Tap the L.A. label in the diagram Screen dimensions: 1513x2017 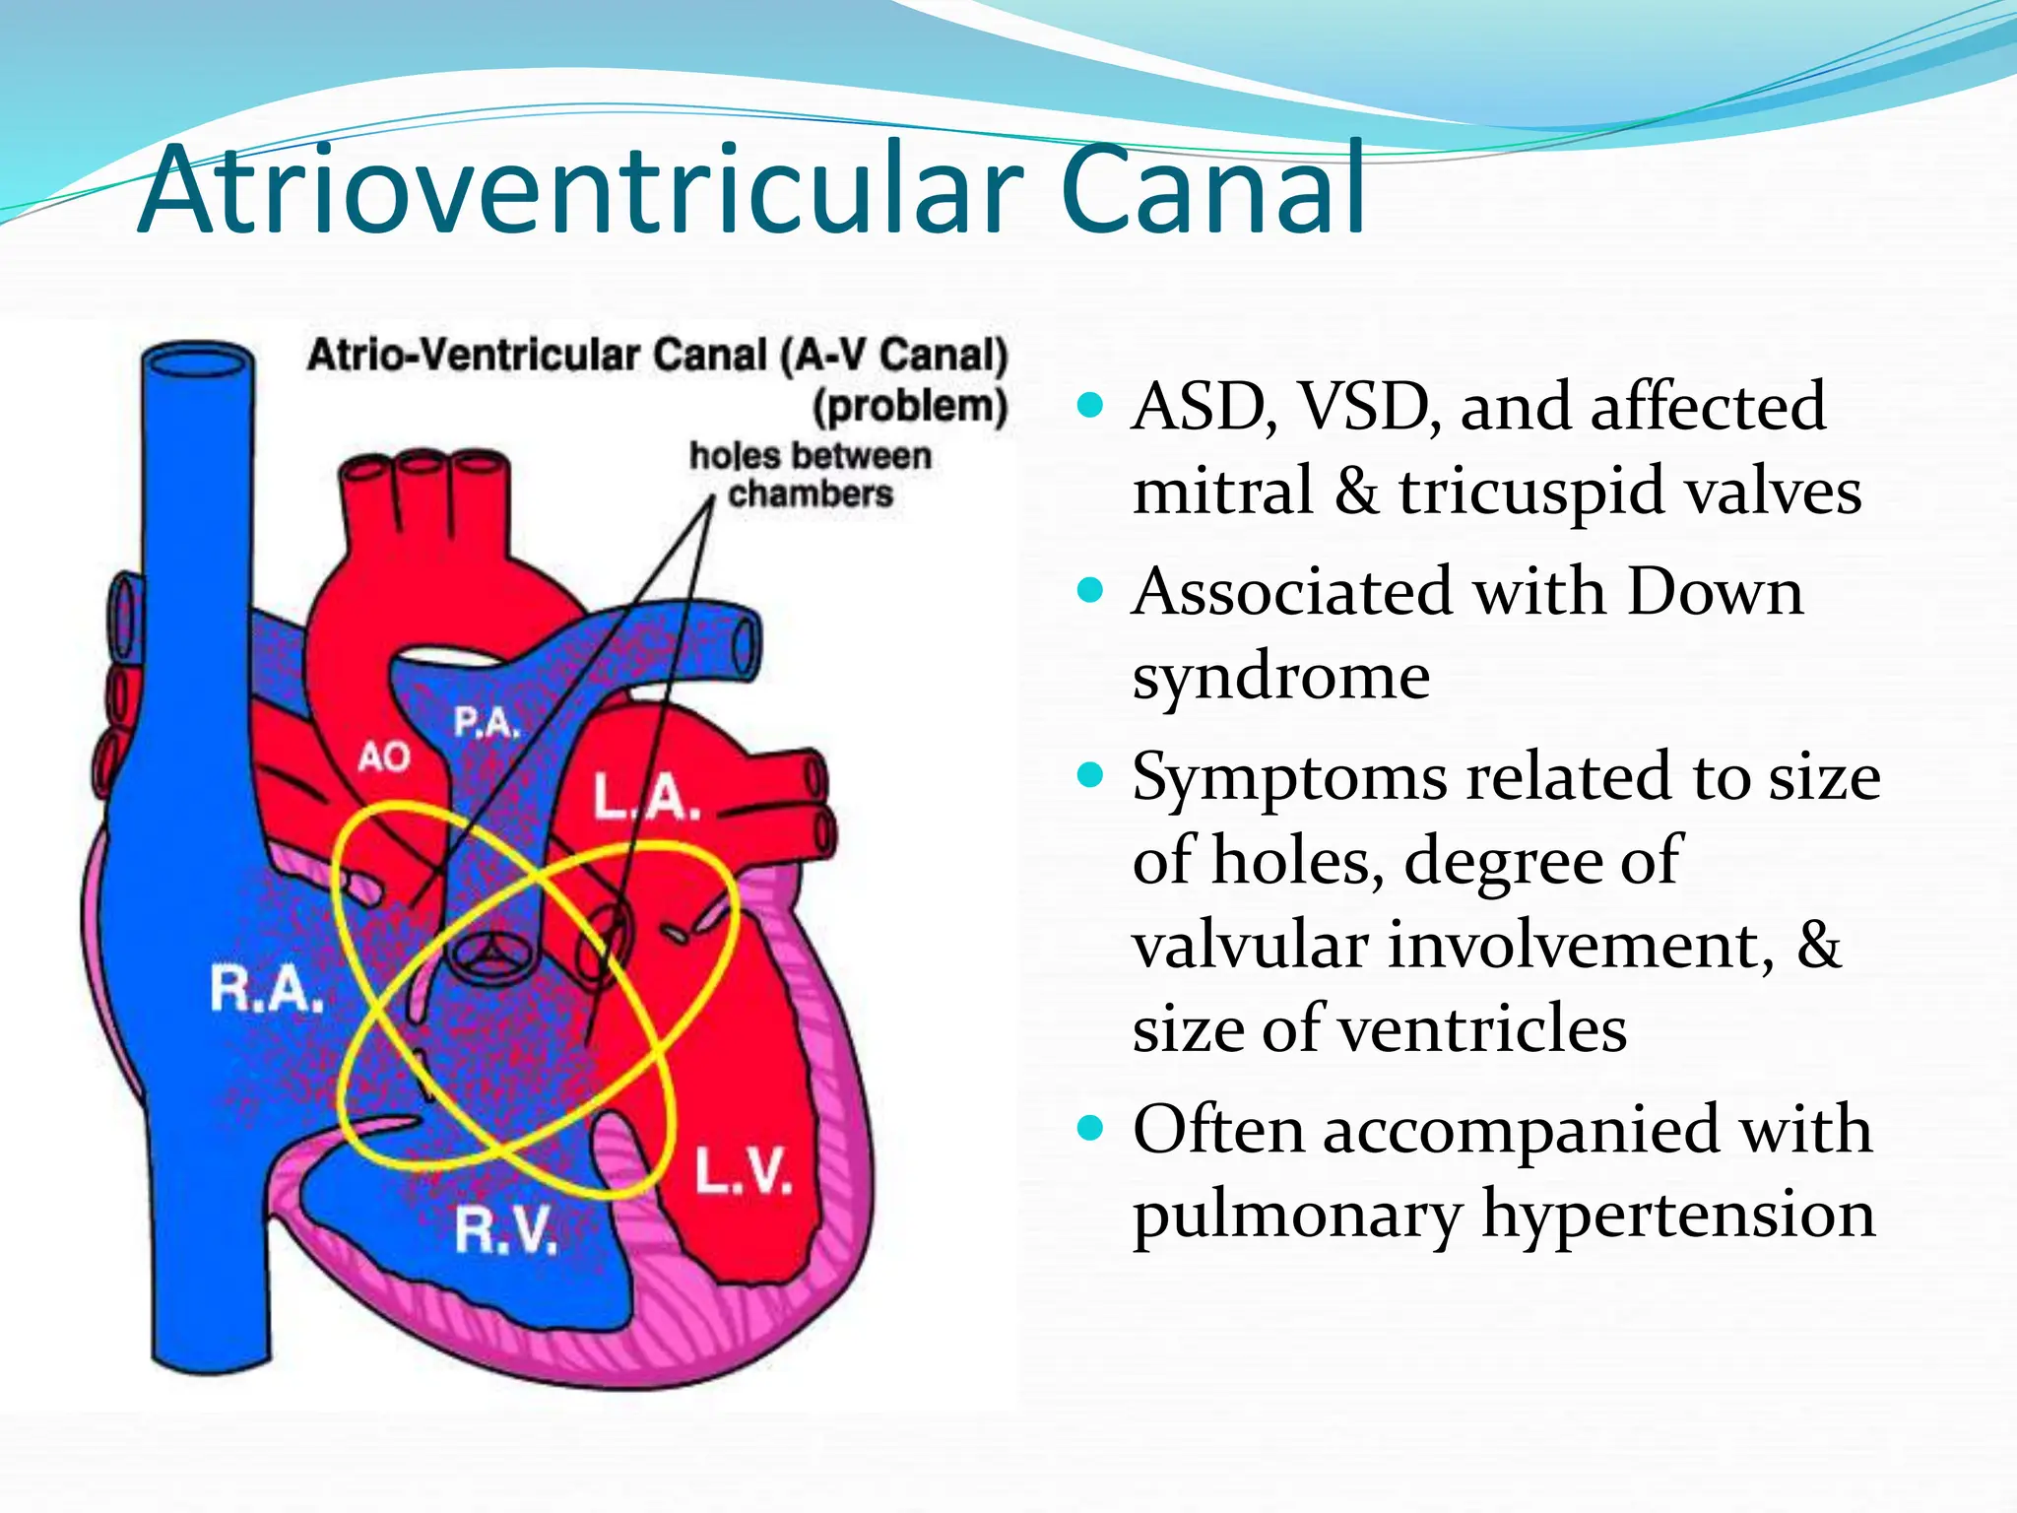click(x=646, y=797)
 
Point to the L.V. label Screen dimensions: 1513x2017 click(x=744, y=1171)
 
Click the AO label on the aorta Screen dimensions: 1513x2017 click(x=383, y=757)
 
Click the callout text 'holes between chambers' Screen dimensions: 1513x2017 click(x=810, y=475)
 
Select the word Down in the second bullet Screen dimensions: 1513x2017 click(x=1715, y=592)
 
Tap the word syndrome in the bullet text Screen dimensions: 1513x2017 click(x=1280, y=677)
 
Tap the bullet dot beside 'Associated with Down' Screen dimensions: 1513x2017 click(x=1090, y=591)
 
